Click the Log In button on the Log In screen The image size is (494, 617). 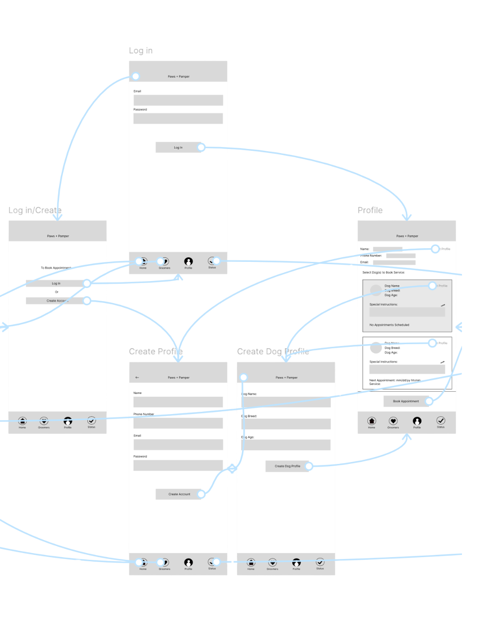coord(178,147)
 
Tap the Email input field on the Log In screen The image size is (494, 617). coord(178,100)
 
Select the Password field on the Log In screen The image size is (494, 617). coord(178,118)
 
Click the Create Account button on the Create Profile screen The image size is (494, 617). coord(179,494)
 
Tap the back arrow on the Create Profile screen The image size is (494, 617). coord(137,378)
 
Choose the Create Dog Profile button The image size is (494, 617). coord(287,466)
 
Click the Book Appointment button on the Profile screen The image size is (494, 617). coord(406,401)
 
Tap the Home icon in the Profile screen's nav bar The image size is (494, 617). coord(371,421)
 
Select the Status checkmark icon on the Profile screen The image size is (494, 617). coord(440,420)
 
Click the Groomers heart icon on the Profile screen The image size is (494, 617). coord(393,421)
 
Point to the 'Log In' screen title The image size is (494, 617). coord(140,51)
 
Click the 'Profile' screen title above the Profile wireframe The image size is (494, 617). coord(370,210)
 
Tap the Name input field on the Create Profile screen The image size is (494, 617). coord(178,402)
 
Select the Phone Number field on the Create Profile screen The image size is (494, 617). coord(178,423)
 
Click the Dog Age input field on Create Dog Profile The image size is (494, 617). coord(286,445)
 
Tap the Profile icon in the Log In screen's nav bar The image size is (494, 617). coord(188,261)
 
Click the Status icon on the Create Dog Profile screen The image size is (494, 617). coord(320,562)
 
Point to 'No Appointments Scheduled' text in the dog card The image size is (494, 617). coord(389,325)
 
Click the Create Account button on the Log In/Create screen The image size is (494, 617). coord(56,301)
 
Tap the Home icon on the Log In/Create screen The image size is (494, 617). coord(22,421)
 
